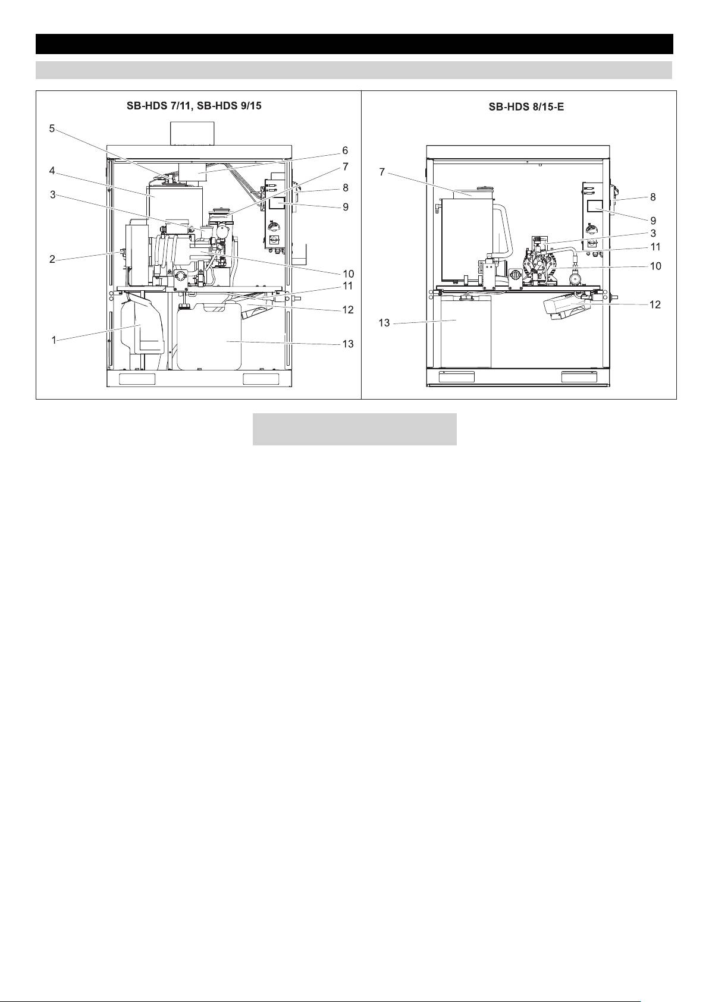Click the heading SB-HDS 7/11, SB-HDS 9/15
[194, 106]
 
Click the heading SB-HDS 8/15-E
[526, 108]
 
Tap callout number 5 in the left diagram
[52, 129]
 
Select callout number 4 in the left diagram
[52, 171]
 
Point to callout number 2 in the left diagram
[52, 259]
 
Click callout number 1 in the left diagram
[54, 340]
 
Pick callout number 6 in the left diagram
[345, 151]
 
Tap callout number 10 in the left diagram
[348, 274]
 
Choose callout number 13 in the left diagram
[348, 344]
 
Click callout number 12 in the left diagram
[348, 310]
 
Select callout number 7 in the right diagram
[381, 172]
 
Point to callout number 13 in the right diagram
[384, 323]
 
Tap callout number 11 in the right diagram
[655, 247]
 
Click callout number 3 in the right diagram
[653, 233]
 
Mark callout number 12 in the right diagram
[655, 304]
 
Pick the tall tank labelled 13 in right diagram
[466, 331]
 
